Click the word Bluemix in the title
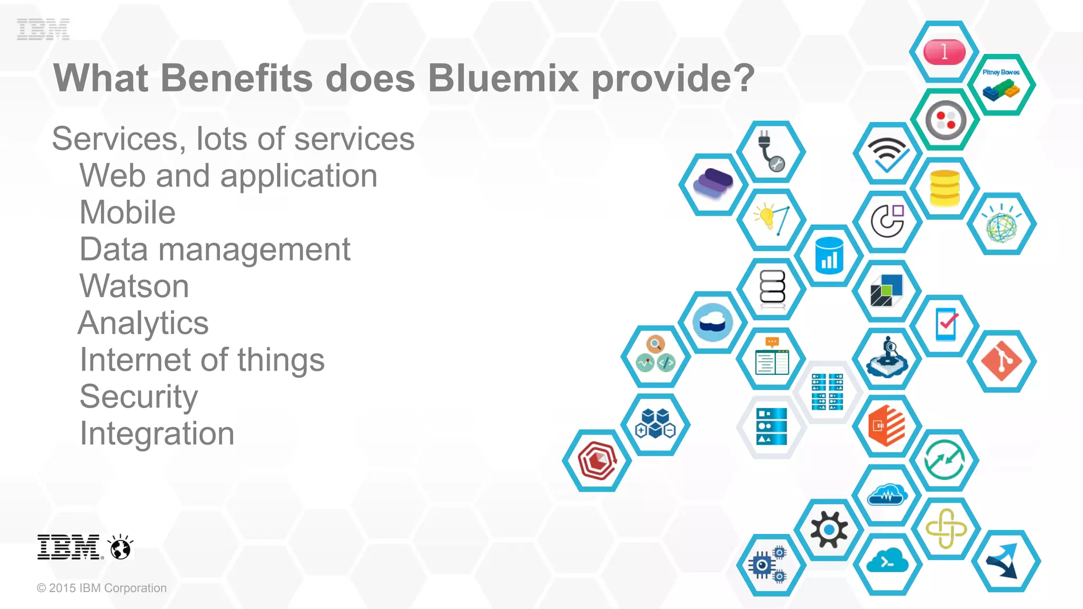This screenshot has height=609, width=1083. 503,78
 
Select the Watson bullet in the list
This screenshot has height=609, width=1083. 134,286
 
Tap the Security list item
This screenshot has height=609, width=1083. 139,396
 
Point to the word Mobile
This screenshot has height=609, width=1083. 127,213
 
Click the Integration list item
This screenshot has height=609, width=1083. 157,433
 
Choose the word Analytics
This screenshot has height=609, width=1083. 143,323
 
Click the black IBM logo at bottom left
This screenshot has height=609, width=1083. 69,547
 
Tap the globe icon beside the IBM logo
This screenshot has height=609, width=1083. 121,547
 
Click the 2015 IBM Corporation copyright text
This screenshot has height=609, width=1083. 102,588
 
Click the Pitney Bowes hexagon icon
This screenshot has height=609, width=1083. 1001,85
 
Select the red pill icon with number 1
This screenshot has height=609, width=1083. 944,52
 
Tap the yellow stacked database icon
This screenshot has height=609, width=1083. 944,188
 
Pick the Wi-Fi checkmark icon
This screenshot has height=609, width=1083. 888,154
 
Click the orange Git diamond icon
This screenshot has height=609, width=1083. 1001,361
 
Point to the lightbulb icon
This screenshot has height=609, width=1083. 771,219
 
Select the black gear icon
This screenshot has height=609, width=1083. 829,529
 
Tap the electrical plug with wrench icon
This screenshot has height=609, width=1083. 771,152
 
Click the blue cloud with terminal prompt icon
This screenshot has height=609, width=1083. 887,564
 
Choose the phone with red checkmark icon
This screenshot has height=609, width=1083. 946,324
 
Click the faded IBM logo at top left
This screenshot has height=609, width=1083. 43,29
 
